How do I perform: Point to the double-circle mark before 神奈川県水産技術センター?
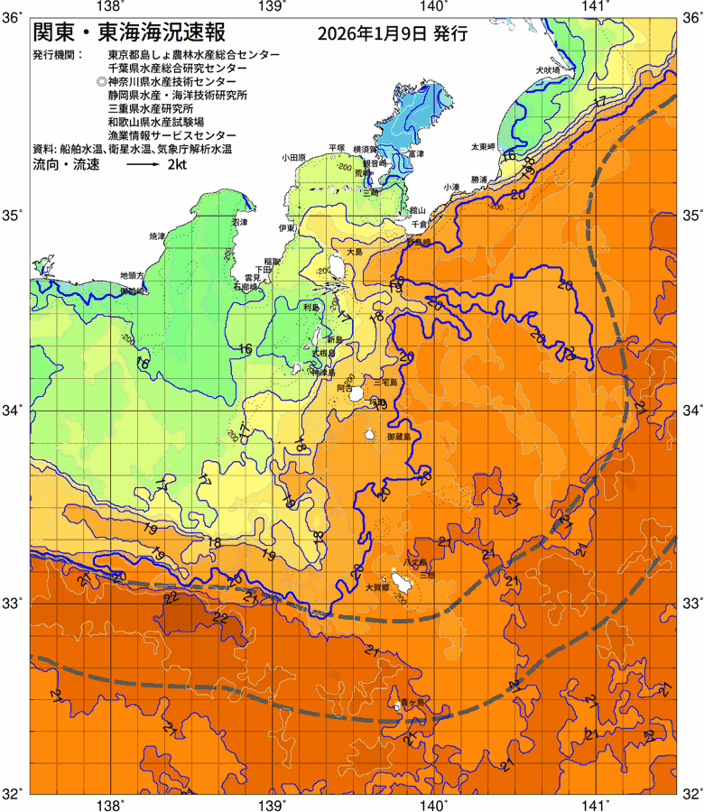(x=100, y=81)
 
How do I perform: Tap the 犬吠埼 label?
(x=547, y=69)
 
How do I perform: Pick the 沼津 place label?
(x=239, y=221)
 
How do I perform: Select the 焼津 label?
(x=158, y=235)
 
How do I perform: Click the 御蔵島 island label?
(x=398, y=437)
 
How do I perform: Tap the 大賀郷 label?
(x=376, y=587)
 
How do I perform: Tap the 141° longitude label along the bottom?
(x=595, y=799)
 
